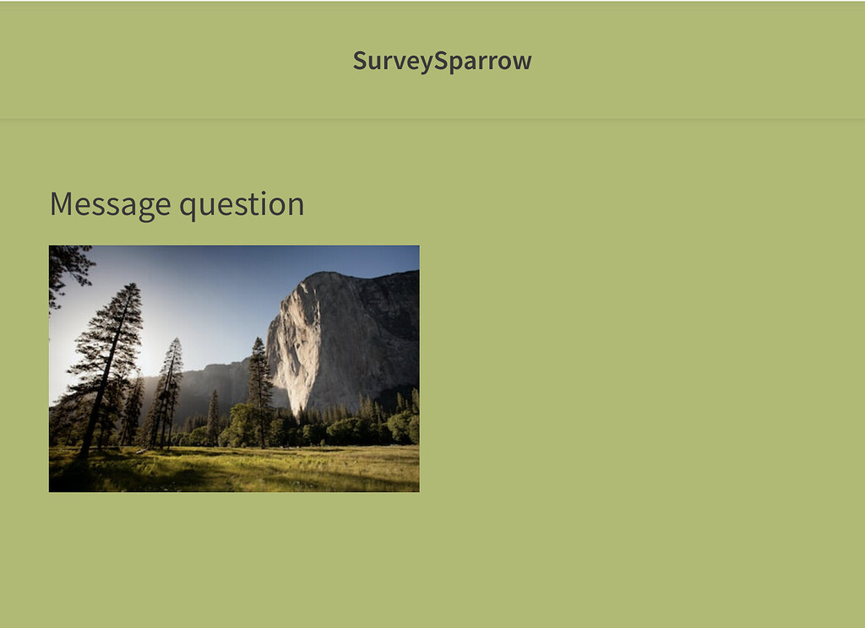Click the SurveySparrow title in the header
pyautogui.click(x=442, y=61)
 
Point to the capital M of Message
pyautogui.click(x=62, y=204)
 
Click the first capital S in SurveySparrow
pyautogui.click(x=360, y=61)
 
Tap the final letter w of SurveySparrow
pyautogui.click(x=523, y=62)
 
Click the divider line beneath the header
pyautogui.click(x=432, y=119)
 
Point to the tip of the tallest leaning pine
pyautogui.click(x=134, y=286)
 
